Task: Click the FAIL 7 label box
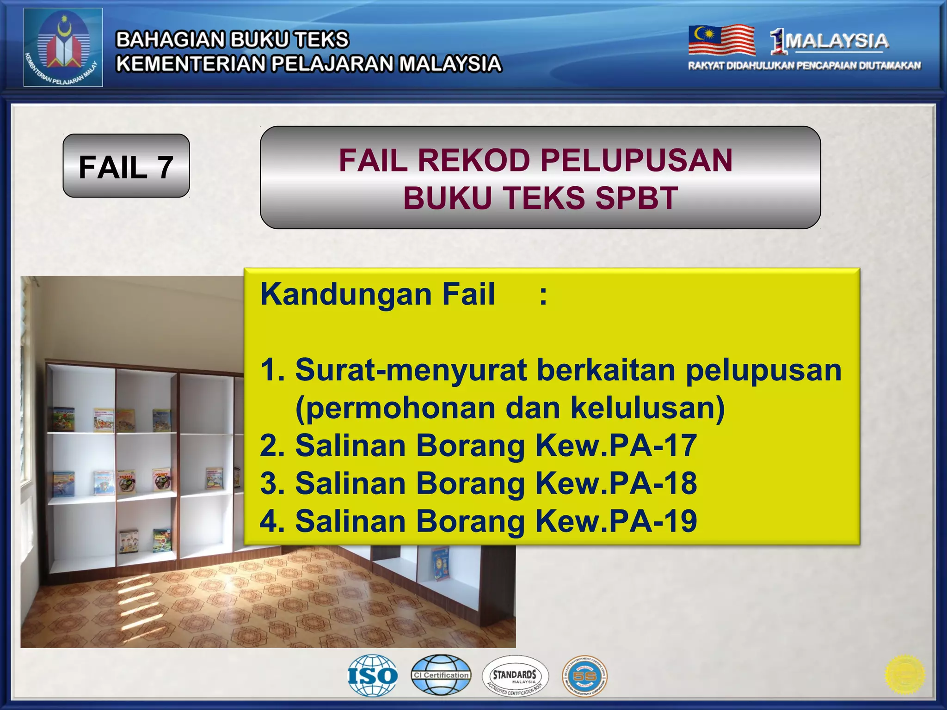[x=126, y=166]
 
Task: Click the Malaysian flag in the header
[x=721, y=40]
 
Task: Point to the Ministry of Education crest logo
[x=63, y=48]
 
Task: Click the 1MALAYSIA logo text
[x=830, y=41]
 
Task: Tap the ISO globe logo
[x=373, y=675]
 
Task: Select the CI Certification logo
[x=441, y=675]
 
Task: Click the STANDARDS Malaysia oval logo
[x=515, y=676]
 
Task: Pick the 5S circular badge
[x=584, y=676]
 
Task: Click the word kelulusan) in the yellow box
[x=647, y=408]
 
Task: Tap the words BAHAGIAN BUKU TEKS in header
[x=232, y=39]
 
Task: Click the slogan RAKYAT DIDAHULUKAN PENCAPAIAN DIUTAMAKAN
[x=804, y=66]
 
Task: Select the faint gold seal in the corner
[x=904, y=675]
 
